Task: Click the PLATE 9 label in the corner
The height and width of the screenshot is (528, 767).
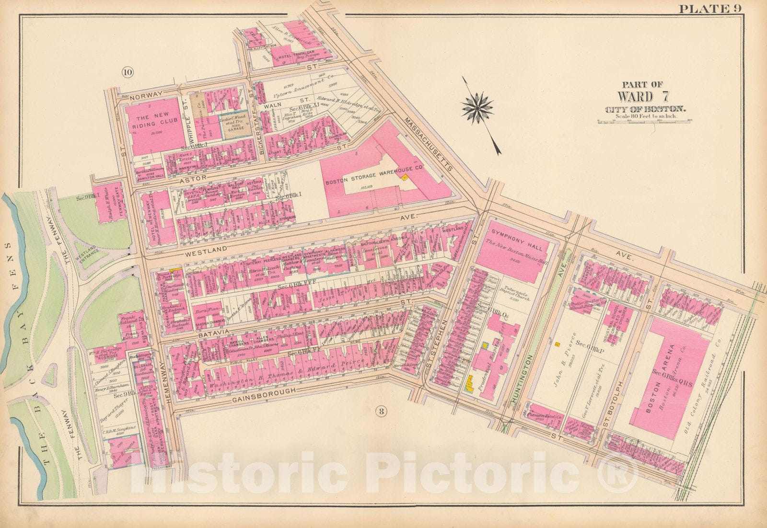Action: click(737, 8)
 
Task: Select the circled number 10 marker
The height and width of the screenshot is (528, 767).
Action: click(127, 72)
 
